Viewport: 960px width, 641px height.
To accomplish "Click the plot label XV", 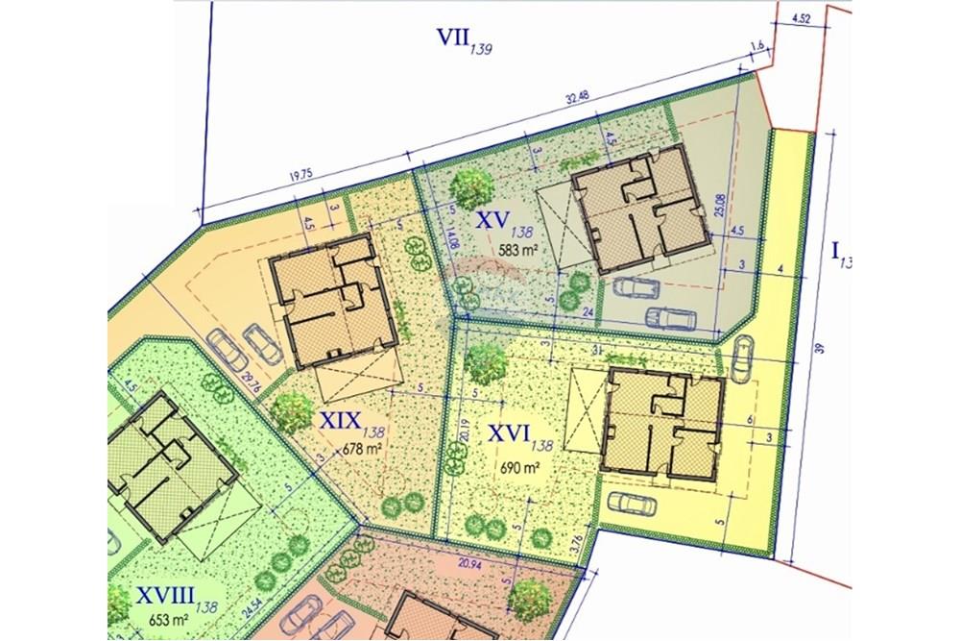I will tap(492, 220).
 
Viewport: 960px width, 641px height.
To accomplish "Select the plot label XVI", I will tap(509, 433).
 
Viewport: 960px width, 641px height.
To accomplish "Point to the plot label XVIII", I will tap(153, 596).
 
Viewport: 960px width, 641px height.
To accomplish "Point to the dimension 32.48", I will tap(578, 97).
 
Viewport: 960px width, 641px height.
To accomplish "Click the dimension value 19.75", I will tap(301, 175).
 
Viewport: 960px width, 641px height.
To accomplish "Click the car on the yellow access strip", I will tap(741, 358).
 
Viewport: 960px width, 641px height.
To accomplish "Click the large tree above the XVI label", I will tap(486, 362).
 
